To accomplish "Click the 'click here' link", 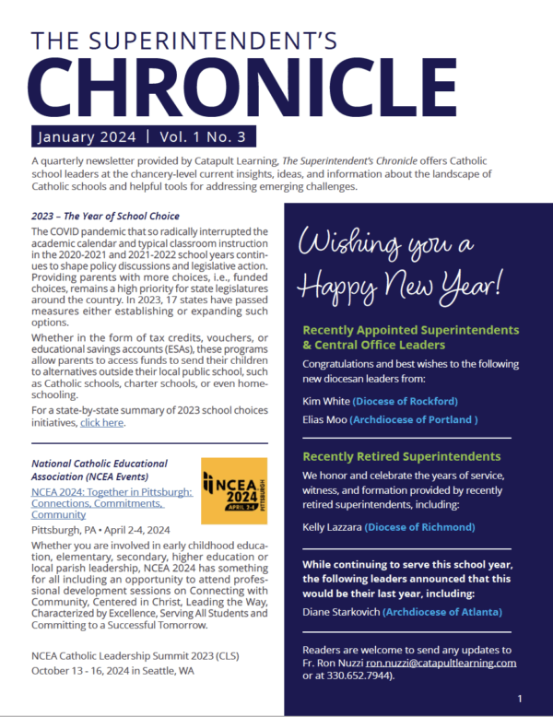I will (x=101, y=423).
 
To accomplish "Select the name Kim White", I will (x=325, y=401).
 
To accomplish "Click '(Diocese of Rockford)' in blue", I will (x=405, y=401).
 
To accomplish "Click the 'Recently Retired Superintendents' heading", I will (x=401, y=456).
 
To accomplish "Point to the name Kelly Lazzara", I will (x=331, y=527).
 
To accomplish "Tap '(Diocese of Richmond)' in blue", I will (x=419, y=527).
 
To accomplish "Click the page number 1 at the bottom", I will (x=520, y=699).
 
